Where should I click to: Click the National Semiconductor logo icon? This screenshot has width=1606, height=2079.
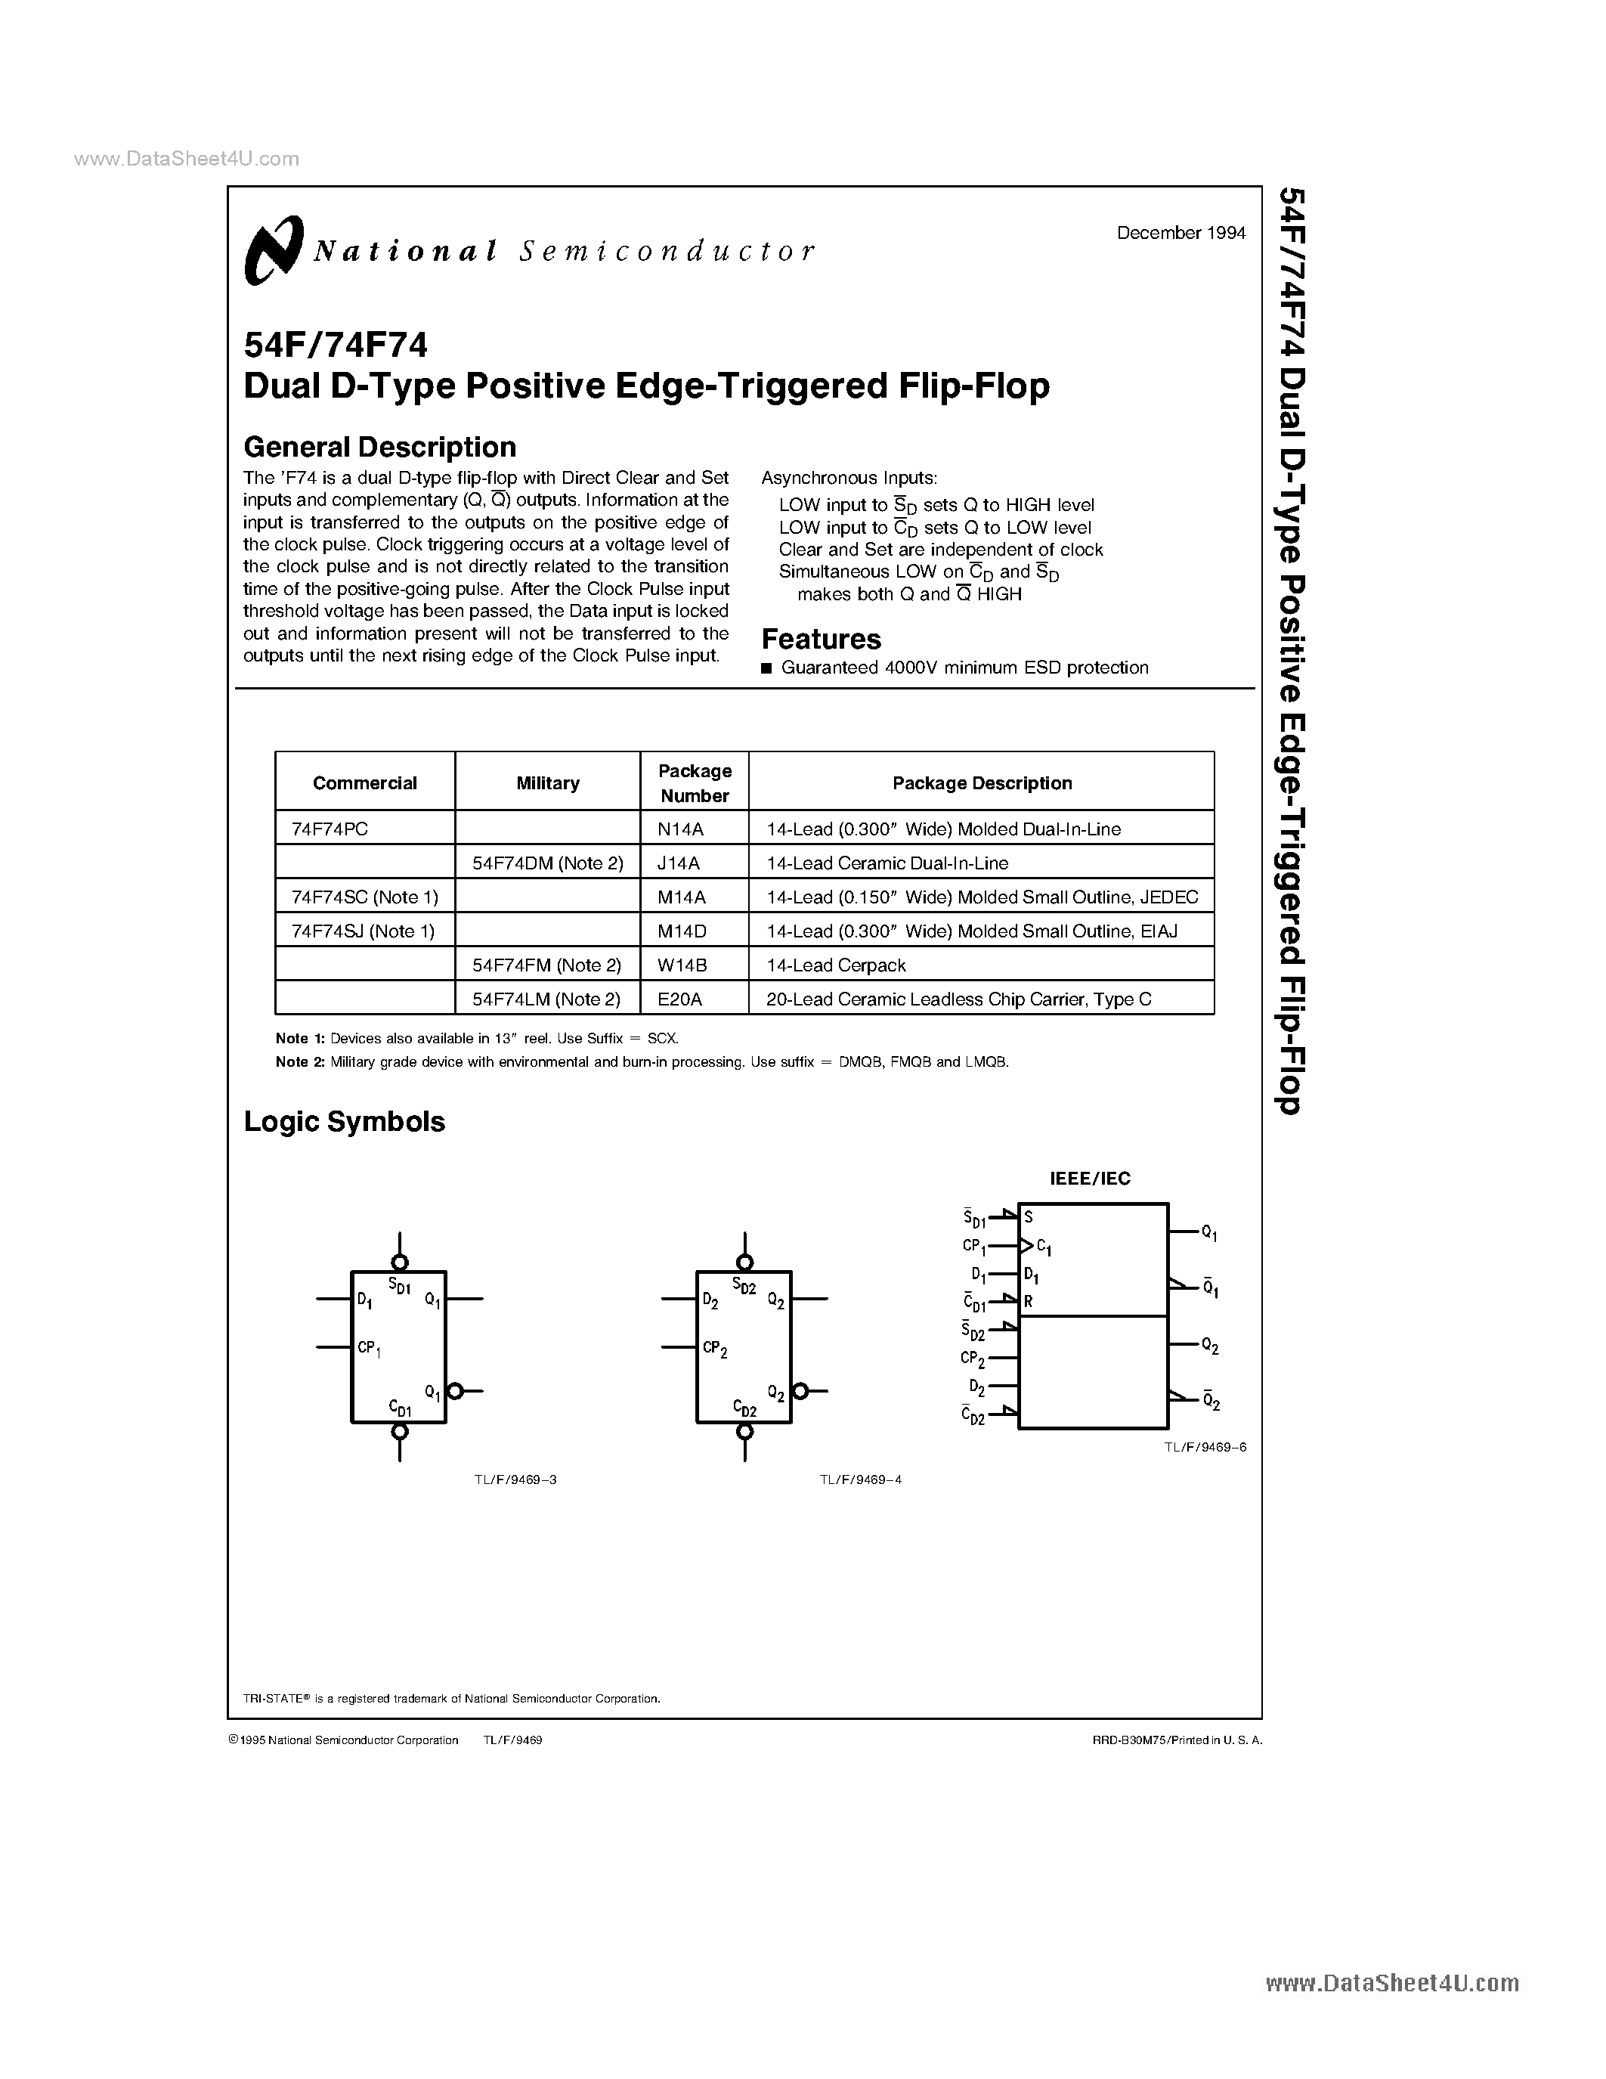click(x=273, y=250)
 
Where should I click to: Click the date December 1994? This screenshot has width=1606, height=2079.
click(x=1181, y=233)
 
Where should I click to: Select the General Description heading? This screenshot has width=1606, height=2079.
click(x=379, y=447)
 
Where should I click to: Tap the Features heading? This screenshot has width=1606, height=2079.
click(x=821, y=639)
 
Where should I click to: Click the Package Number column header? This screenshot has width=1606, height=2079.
click(x=695, y=782)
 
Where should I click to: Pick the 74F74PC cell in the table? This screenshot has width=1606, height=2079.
click(x=330, y=828)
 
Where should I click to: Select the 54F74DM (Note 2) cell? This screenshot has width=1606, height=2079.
click(x=547, y=863)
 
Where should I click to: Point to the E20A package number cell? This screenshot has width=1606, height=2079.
click(x=679, y=999)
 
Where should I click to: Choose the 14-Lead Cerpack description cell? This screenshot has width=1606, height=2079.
click(x=835, y=965)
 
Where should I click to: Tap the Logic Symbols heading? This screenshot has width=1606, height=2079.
click(x=345, y=1121)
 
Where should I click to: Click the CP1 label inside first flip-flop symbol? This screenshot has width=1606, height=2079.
click(x=369, y=1348)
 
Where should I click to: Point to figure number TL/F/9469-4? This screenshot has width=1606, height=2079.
click(x=860, y=1479)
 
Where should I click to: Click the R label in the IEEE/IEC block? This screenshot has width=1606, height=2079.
click(x=1029, y=1301)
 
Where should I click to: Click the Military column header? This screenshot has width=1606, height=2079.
click(x=547, y=782)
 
